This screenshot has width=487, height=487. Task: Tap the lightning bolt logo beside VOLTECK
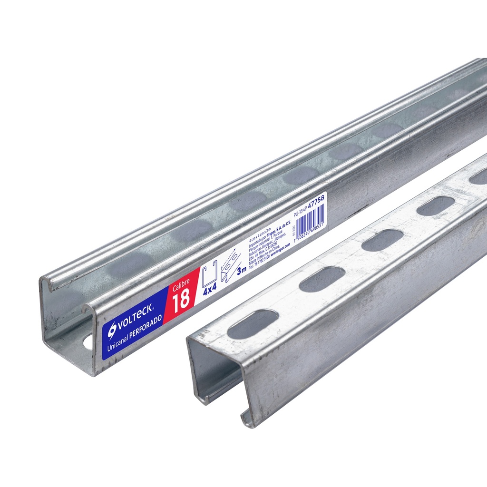coord(113,329)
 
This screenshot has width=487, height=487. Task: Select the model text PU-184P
coord(300,209)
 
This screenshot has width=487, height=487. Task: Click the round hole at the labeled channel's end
coord(88,342)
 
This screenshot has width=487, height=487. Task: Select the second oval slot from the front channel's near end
coord(322,279)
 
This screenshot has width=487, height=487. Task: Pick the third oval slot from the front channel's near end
coord(382,240)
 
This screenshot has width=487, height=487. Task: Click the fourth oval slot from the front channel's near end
coord(436,205)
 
